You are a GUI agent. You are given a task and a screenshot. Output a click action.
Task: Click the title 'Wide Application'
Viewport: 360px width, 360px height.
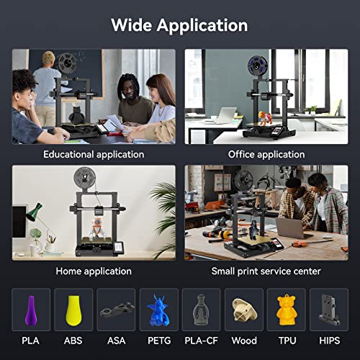(x=179, y=25)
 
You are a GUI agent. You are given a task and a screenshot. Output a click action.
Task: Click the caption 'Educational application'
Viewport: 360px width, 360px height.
(x=94, y=154)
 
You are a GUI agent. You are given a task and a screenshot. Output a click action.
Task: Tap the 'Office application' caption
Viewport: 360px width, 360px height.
(x=266, y=154)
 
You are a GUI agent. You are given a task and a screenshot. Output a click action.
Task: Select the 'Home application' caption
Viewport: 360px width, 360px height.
(x=94, y=271)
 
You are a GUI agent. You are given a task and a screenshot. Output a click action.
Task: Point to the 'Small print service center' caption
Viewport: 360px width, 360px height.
(x=266, y=271)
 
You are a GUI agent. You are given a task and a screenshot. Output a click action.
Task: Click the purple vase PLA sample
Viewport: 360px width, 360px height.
(x=30, y=309)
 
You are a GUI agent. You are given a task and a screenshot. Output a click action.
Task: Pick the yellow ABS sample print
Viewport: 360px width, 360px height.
(x=73, y=309)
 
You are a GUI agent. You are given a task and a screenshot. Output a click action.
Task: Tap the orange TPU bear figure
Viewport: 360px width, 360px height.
(x=286, y=309)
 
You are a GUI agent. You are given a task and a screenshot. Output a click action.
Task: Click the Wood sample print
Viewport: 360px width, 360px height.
(x=243, y=310)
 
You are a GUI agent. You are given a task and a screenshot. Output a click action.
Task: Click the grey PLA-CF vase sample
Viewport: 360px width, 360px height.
(x=201, y=310)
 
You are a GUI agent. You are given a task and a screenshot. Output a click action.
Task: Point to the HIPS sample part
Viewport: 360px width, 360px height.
(x=328, y=309)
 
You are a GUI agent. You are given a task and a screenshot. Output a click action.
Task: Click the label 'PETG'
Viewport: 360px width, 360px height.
(x=158, y=340)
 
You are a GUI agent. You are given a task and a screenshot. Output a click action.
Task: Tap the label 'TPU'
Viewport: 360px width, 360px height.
(x=286, y=340)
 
